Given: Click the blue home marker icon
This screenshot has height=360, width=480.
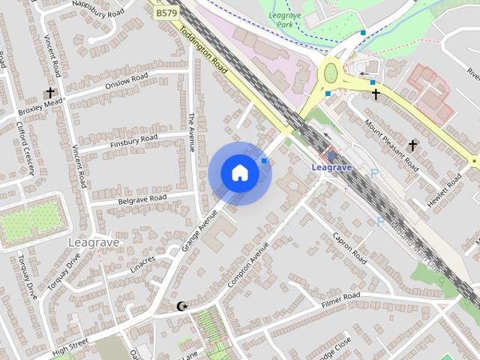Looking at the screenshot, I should [x=239, y=173].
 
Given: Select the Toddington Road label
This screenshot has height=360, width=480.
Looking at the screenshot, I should [x=198, y=46].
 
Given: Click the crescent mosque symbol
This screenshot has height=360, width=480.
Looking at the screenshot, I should [x=181, y=306].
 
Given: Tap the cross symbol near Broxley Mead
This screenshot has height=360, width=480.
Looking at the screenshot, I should [x=51, y=94].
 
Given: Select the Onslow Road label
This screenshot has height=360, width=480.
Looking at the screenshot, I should [x=128, y=80].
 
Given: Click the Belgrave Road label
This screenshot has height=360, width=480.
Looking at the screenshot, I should [x=142, y=199].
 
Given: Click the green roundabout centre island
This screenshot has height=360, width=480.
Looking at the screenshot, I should [x=330, y=73].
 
